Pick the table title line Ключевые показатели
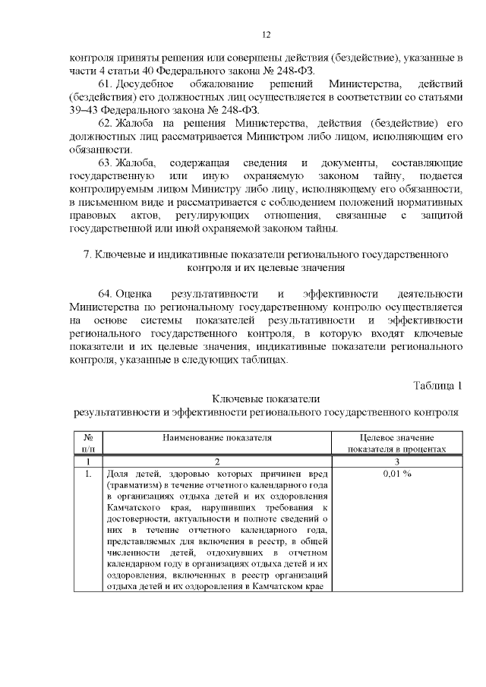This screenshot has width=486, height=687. (x=265, y=399)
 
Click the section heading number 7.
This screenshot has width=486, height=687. (x=87, y=254)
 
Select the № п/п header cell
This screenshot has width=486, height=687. (x=88, y=443)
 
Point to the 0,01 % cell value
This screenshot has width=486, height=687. (x=396, y=474)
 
